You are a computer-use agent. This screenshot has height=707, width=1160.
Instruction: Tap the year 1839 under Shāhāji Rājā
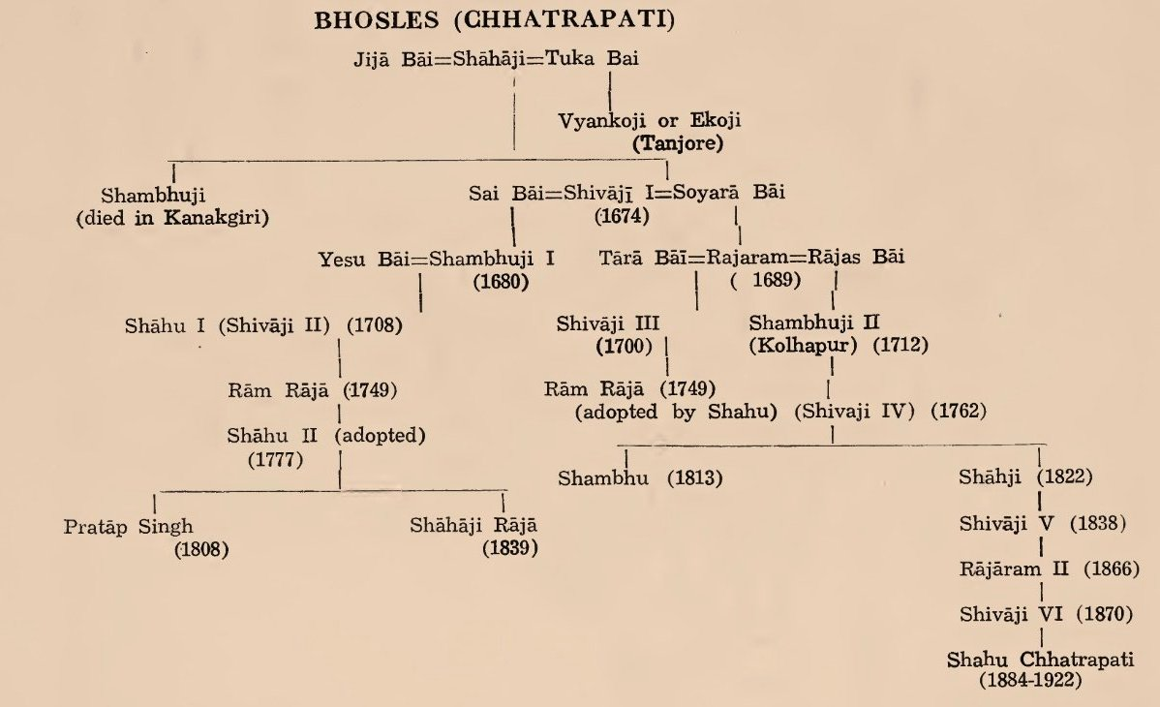pos(509,550)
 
